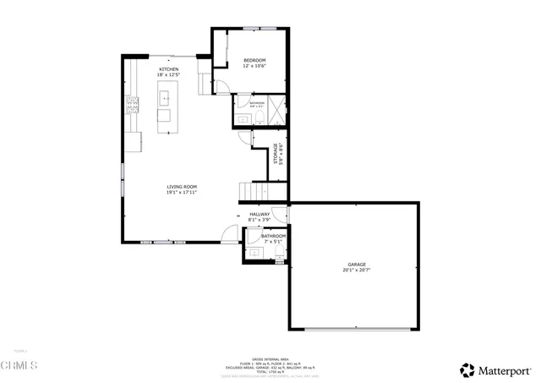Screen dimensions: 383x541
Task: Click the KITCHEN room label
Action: pos(168,69)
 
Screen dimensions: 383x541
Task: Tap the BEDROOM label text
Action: pos(254,60)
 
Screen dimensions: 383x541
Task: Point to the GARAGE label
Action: pos(356,264)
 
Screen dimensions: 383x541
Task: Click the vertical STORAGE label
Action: pos(276,157)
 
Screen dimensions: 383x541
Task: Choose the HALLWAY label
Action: pos(260,215)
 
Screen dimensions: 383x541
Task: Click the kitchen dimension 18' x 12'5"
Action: pos(168,75)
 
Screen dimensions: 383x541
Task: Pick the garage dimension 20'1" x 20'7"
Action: pos(356,270)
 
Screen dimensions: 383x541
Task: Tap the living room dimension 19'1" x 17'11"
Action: pos(181,192)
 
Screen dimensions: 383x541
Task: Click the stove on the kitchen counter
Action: pos(133,107)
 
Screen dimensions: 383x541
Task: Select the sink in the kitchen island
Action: pos(165,97)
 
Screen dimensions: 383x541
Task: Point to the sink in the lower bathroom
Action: pos(254,252)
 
